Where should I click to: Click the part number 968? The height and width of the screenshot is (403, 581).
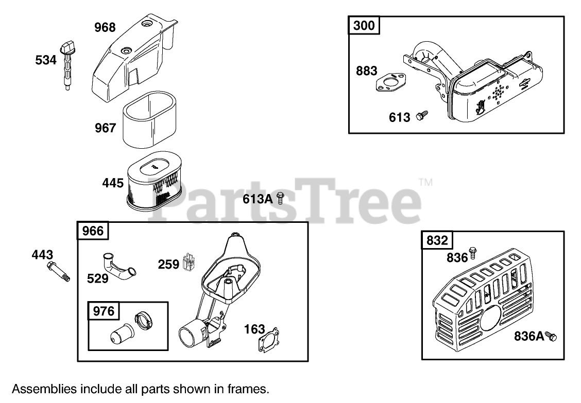tap(105, 27)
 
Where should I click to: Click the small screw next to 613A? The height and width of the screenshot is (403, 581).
tap(281, 198)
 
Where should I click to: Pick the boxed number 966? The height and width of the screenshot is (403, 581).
tap(93, 231)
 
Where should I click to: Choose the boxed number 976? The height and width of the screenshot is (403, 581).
tap(103, 311)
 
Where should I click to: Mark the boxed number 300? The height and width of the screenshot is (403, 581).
tap(365, 25)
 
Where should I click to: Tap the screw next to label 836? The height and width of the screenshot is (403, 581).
tap(475, 255)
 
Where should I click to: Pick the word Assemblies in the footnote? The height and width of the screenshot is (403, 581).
tap(43, 389)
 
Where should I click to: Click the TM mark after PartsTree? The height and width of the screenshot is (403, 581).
tap(425, 182)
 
